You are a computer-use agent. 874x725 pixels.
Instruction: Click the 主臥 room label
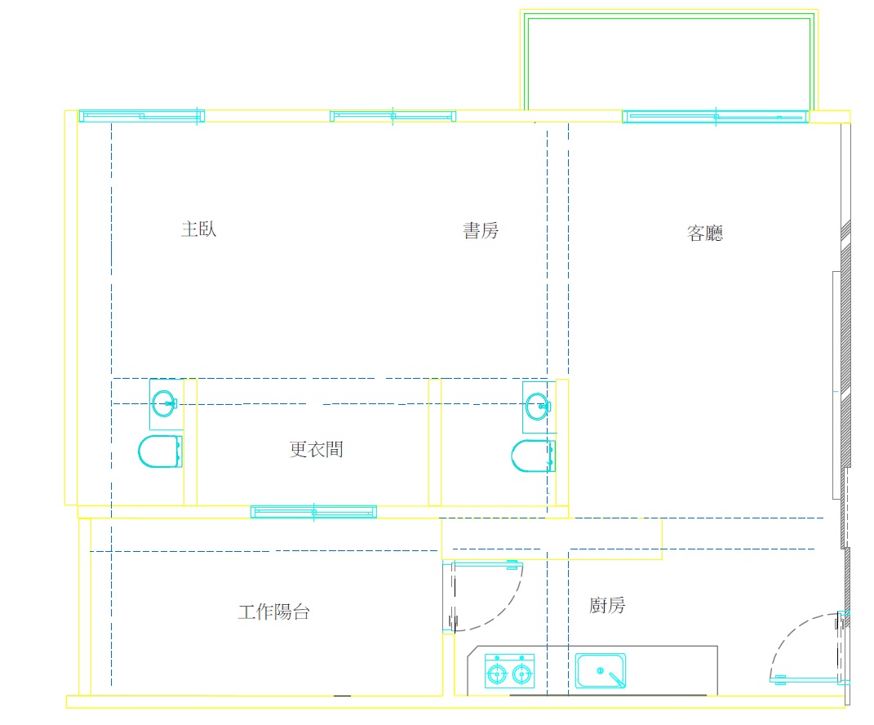pos(198,229)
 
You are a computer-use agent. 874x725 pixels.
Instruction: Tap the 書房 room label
pos(481,231)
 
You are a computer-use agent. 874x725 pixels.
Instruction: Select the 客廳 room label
pos(705,234)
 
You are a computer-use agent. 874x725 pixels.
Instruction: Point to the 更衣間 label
pos(316,449)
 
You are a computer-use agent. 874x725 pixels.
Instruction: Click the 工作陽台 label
pos(273,612)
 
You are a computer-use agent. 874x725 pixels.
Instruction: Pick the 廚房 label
pos(607,606)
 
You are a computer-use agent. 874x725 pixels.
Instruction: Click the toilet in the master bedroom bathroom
pos(160,451)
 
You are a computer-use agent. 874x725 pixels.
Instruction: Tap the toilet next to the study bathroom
pos(533,456)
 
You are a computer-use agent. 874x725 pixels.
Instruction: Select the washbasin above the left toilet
pos(166,403)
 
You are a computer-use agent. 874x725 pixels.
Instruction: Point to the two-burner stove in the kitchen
pos(509,669)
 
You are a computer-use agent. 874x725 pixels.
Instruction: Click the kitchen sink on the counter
pos(601,670)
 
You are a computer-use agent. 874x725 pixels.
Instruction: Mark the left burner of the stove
pos(496,674)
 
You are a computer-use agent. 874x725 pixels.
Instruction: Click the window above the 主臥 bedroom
pos(141,116)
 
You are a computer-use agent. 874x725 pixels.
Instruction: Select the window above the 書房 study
pos(393,116)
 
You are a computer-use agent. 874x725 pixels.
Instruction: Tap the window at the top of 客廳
pos(715,117)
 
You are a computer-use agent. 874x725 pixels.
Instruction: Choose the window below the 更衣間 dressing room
pos(313,512)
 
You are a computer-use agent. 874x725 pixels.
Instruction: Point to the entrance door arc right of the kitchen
pos(804,645)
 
